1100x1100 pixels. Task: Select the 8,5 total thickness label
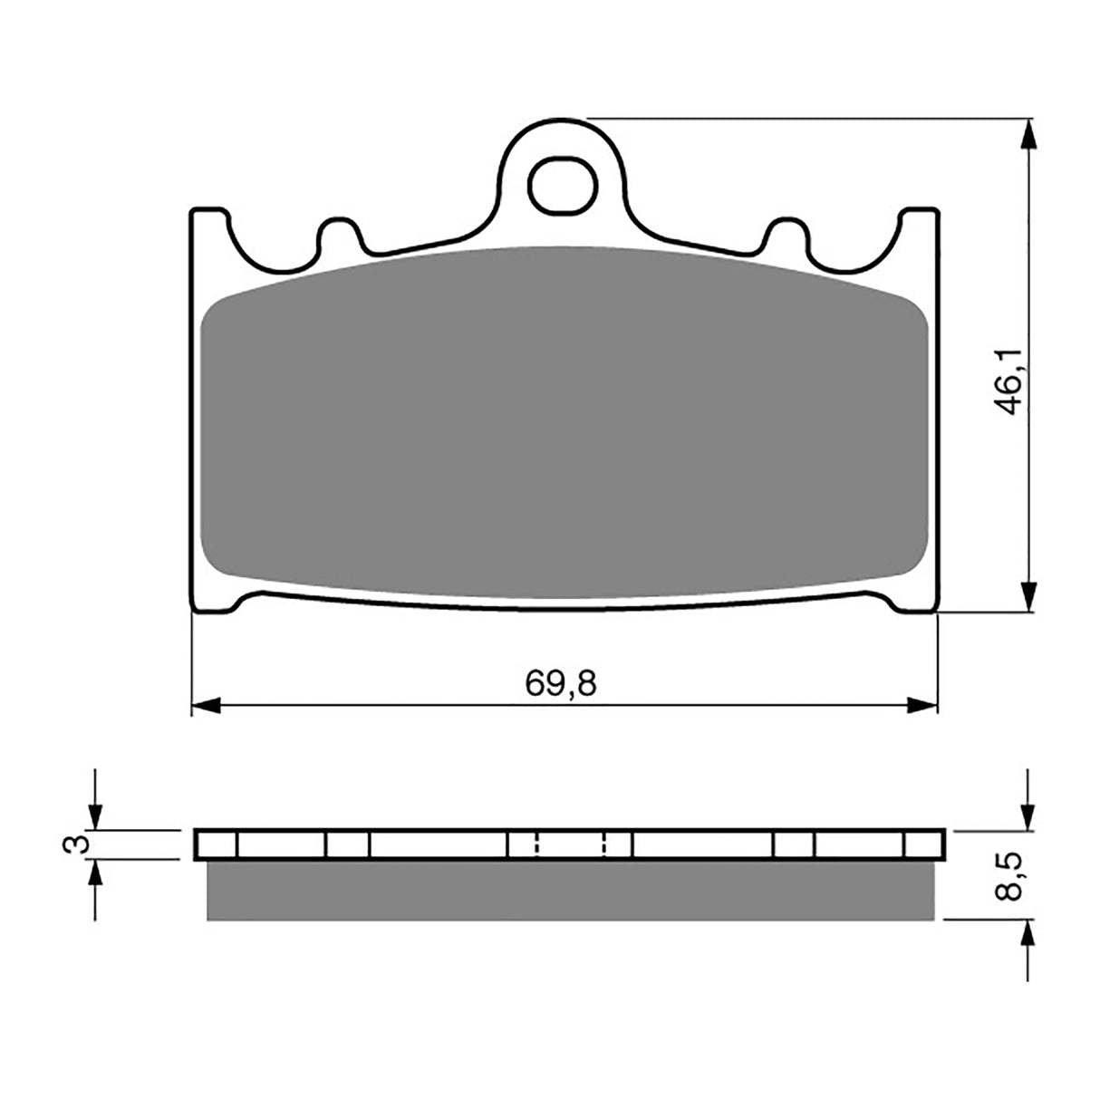coord(1012,875)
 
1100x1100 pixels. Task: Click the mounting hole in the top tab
coord(564,183)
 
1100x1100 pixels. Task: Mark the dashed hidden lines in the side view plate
coord(571,844)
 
